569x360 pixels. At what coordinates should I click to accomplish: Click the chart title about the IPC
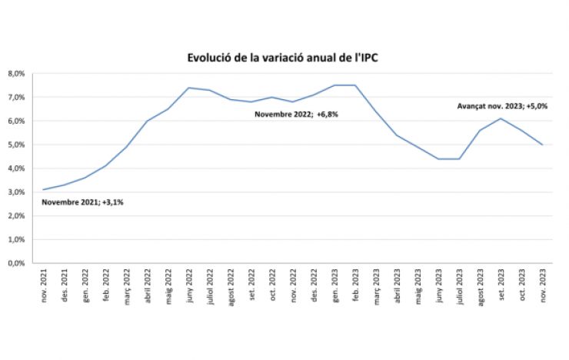tap(284, 58)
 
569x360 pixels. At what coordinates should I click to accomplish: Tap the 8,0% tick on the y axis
tap(17, 74)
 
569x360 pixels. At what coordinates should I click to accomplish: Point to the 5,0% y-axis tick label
tap(17, 145)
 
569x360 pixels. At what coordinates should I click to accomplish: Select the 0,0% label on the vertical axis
tap(17, 263)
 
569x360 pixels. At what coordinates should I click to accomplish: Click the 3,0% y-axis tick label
tap(17, 192)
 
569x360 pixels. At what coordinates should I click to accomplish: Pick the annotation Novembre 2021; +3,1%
tap(83, 203)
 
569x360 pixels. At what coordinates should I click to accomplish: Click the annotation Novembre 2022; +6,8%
tap(297, 114)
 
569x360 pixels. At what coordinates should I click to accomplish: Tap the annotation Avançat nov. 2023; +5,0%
tap(502, 105)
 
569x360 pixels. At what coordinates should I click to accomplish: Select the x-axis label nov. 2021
tap(44, 286)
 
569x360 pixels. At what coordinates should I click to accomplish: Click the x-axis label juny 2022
tap(189, 286)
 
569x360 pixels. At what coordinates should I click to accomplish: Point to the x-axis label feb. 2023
tap(355, 286)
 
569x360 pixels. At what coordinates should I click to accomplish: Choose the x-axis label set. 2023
tap(501, 286)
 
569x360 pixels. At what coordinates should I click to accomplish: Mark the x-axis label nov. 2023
tap(543, 286)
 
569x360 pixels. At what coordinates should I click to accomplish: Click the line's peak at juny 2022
tap(189, 88)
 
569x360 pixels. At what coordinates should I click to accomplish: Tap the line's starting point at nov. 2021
tap(44, 189)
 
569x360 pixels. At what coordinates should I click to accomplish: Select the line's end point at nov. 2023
tap(543, 145)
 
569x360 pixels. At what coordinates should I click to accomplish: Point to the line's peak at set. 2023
tap(501, 118)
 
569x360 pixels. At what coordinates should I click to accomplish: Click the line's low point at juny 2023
tap(439, 158)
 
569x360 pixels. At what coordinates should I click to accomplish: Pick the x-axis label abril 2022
tap(148, 286)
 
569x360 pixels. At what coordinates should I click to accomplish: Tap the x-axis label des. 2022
tap(314, 286)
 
